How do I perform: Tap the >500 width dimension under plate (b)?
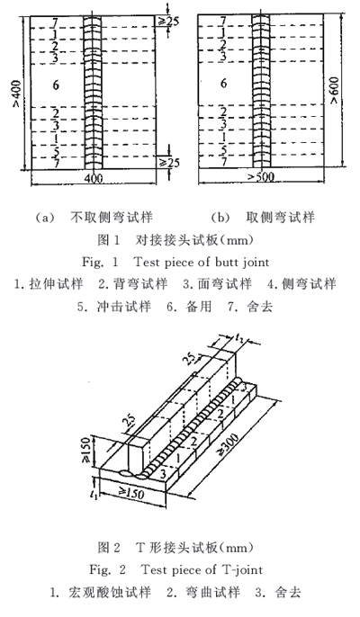260,176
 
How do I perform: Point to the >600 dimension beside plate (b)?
335,91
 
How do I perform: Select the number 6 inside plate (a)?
56,85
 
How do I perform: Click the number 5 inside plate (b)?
224,149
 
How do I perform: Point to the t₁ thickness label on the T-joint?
94,495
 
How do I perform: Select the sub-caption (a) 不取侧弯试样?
94,218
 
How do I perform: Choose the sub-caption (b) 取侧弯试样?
263,218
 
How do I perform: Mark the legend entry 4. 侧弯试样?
302,283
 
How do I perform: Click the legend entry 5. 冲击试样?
113,307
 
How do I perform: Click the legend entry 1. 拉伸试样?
49,283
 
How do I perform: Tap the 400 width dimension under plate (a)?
94,178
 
